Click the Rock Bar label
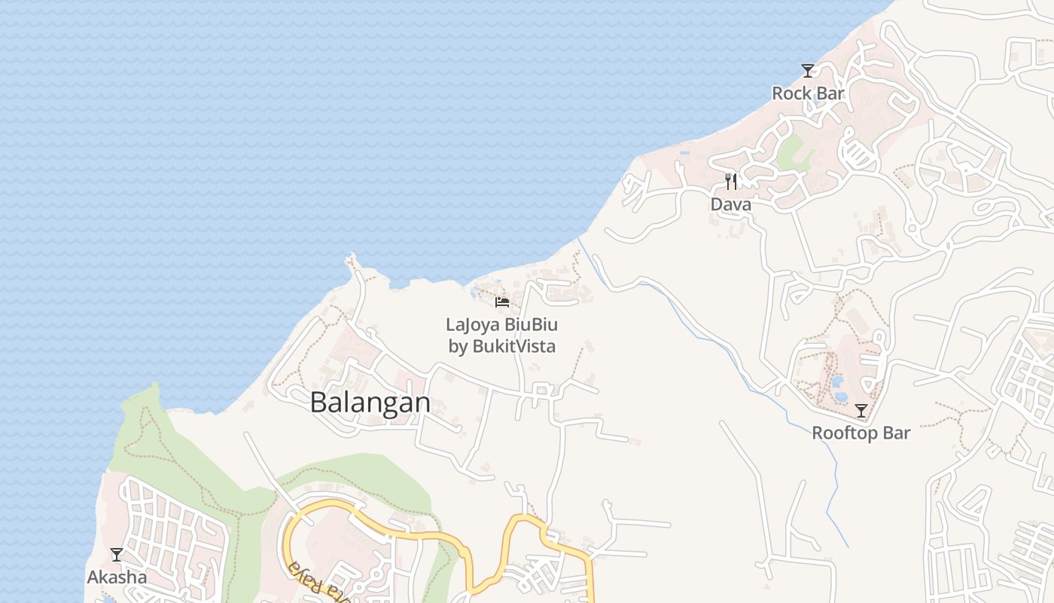[808, 93]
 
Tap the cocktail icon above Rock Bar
[808, 71]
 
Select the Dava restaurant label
[730, 204]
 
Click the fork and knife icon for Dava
[730, 182]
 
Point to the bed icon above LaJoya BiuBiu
[502, 302]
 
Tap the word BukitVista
[513, 347]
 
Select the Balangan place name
[370, 403]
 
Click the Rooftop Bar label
[861, 433]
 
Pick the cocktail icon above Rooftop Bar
[861, 411]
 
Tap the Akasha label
[117, 577]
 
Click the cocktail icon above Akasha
[117, 555]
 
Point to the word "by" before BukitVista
[458, 347]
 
